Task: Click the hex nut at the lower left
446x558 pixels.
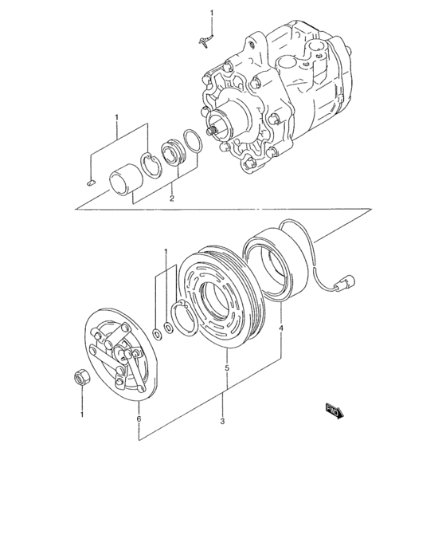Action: point(81,377)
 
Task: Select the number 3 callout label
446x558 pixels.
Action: point(223,422)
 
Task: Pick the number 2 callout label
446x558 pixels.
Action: point(171,198)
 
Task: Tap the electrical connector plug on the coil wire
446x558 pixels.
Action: point(347,281)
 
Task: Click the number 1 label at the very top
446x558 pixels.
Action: point(212,14)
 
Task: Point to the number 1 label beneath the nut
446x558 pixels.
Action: point(81,415)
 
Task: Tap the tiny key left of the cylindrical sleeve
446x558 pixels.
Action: point(91,182)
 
